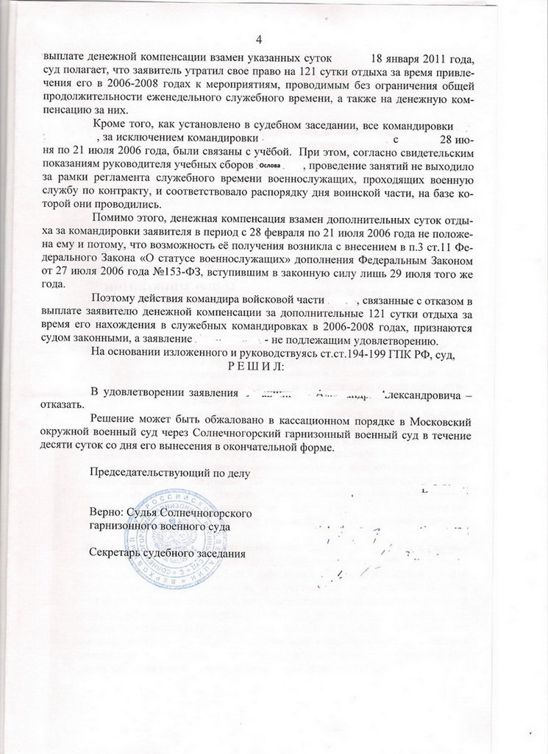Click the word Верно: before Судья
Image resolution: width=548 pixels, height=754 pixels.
tap(107, 512)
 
